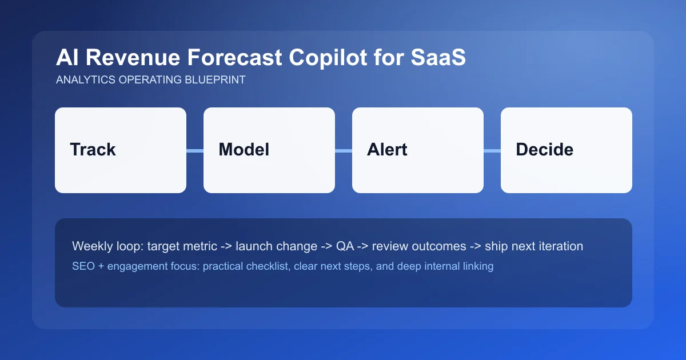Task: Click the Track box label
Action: pos(93,150)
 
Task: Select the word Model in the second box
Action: pos(244,150)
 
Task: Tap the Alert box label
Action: pos(387,150)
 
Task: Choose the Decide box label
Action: pos(544,150)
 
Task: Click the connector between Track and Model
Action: pos(195,150)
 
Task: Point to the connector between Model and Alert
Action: pos(344,150)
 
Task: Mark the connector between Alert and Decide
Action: pos(492,150)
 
